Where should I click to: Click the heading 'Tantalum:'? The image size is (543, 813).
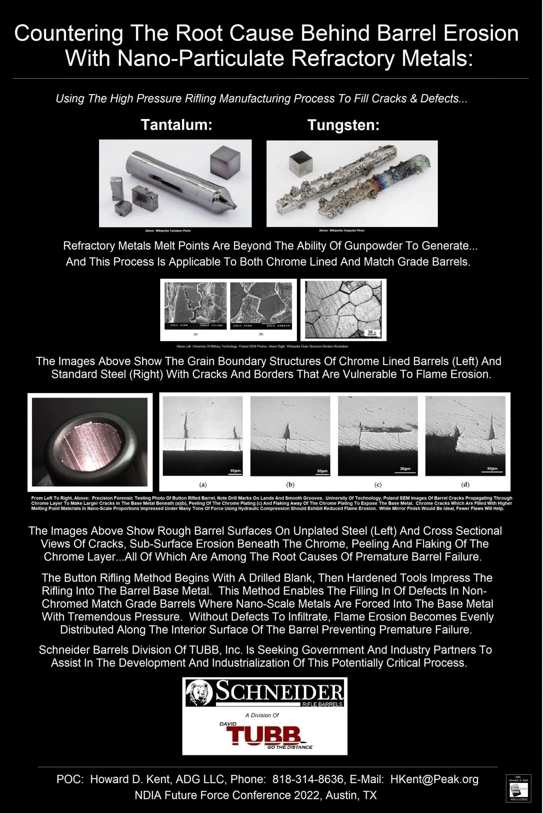[x=176, y=125]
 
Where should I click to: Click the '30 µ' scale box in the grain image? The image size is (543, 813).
[x=372, y=333]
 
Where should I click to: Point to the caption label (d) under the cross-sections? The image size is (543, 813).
[x=465, y=484]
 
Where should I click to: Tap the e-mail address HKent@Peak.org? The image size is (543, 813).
[x=434, y=779]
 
